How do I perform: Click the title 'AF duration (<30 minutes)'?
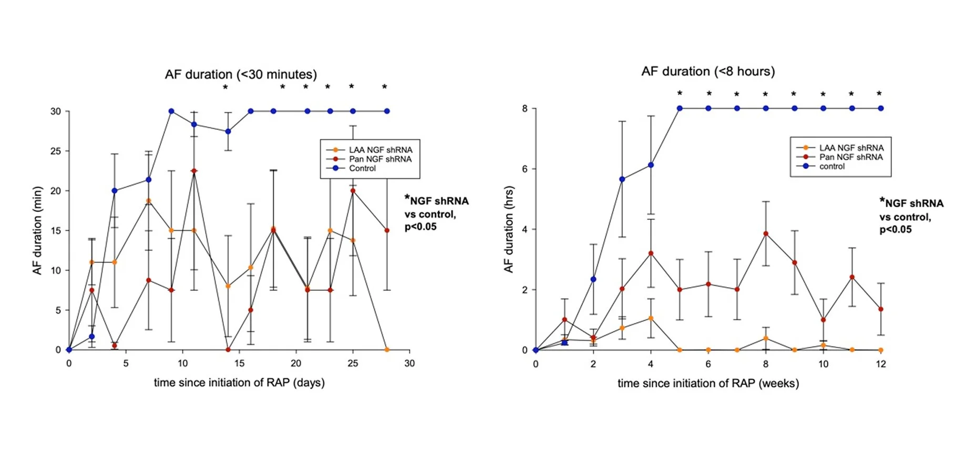coord(241,74)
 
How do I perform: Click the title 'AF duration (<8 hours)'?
coord(708,72)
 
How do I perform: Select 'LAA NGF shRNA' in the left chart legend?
coord(381,150)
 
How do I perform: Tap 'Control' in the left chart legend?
coord(362,168)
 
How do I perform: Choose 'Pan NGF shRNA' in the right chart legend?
coord(850,157)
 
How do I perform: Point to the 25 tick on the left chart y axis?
coord(56,151)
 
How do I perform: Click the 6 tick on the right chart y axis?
coord(525,169)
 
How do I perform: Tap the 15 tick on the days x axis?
coord(239,363)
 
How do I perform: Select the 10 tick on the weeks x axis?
coord(823,364)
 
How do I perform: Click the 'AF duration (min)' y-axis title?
coord(37,230)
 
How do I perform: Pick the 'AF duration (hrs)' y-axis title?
coord(508,229)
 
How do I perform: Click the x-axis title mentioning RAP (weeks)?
coord(708,383)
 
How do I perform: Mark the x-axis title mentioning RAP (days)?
coord(239,383)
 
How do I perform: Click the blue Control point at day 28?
coord(387,111)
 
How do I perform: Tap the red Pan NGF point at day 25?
coord(353,191)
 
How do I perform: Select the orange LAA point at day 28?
coord(387,350)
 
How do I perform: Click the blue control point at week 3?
coord(622,179)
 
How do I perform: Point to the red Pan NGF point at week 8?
coord(766,234)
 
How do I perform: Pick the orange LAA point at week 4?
coord(651,318)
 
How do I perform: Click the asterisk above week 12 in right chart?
coord(879,94)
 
